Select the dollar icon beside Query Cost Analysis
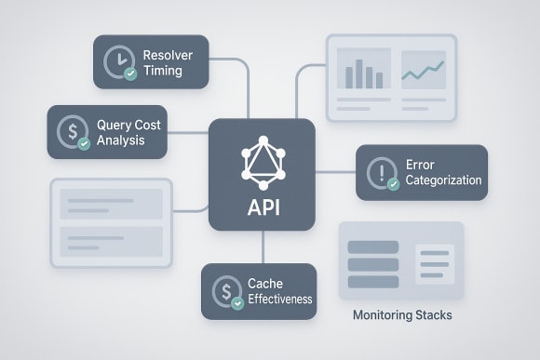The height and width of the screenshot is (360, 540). point(71,131)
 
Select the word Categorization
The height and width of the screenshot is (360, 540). point(443,180)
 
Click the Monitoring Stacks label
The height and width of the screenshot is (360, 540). point(402,315)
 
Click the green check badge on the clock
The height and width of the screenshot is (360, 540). point(129,71)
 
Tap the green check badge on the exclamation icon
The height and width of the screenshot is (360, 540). point(393,183)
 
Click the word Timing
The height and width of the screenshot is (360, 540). point(163,70)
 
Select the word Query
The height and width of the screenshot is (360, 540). point(115,124)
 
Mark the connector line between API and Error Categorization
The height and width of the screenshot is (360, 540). point(336,172)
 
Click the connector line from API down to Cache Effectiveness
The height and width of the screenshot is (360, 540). point(263,247)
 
